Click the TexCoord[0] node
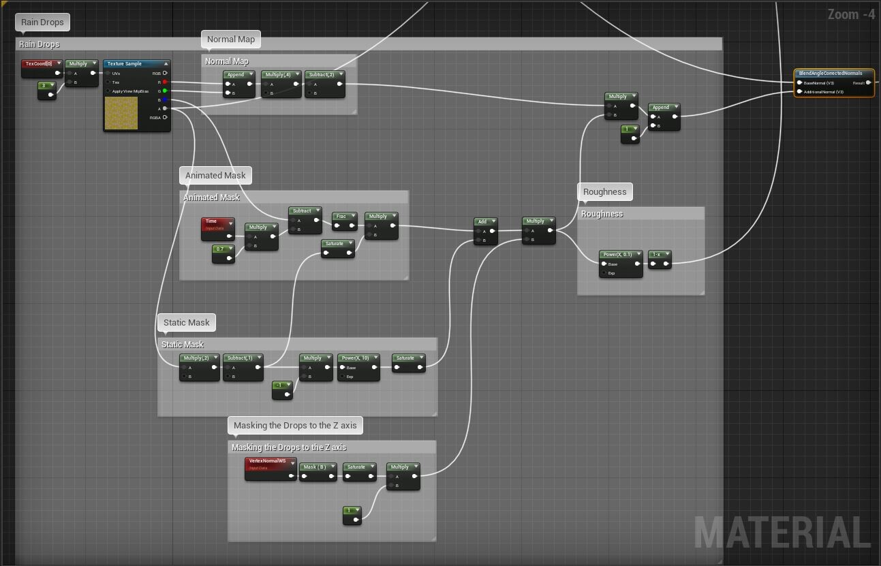[40, 64]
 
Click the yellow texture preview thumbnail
[121, 112]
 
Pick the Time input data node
[217, 223]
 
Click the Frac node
[344, 217]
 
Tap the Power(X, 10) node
[358, 358]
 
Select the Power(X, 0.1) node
[620, 255]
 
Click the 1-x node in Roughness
[659, 255]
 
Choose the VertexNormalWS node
[270, 462]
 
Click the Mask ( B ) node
[319, 467]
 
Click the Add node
[485, 222]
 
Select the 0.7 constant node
[222, 250]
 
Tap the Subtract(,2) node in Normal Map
[324, 75]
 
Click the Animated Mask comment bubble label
[215, 176]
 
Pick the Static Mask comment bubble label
[187, 323]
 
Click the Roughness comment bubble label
[604, 192]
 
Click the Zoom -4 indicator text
[850, 14]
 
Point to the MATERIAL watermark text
[781, 533]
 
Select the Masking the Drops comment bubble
[294, 426]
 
